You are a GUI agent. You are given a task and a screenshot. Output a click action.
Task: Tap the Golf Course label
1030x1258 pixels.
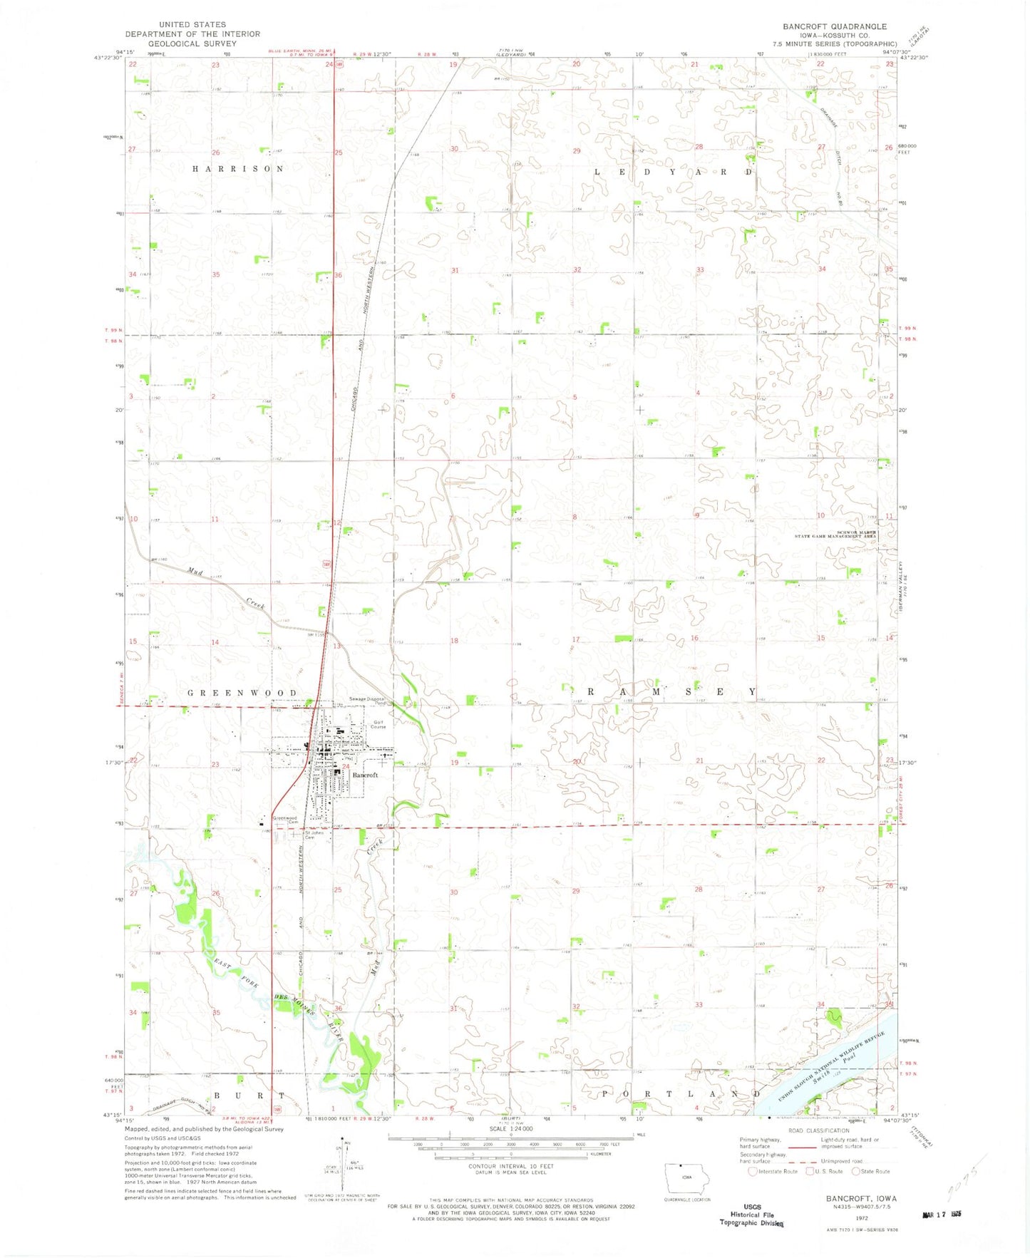378,724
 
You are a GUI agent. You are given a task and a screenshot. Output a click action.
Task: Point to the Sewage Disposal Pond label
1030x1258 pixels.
367,701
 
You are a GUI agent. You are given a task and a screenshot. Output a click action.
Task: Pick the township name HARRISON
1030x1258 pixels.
238,169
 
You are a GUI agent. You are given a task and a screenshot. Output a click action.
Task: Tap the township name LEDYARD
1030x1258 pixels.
673,172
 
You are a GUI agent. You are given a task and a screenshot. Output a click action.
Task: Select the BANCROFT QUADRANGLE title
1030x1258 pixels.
835,26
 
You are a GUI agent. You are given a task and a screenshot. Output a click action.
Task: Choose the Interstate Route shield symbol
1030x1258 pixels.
753,1172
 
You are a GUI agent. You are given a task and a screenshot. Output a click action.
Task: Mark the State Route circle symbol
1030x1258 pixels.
857,1172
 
